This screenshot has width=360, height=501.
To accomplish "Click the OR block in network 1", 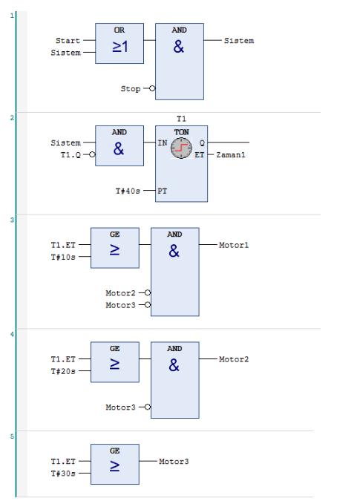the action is (120, 43).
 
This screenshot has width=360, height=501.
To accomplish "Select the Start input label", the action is (68, 41).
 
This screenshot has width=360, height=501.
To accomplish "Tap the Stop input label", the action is (131, 88).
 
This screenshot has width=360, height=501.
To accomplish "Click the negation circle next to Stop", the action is (152, 88).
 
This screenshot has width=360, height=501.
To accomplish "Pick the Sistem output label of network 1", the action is (239, 41).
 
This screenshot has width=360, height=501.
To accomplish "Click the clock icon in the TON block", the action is (181, 148).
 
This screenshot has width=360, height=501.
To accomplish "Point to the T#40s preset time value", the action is (128, 191).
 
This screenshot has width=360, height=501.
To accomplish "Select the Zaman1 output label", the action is (231, 154).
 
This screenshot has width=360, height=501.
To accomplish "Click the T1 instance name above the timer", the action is (181, 119).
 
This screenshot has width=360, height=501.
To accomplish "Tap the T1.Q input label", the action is (71, 154).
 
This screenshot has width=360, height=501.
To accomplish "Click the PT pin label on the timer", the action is (163, 191).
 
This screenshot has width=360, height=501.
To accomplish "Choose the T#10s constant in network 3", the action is (63, 257).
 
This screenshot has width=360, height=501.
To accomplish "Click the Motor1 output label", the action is (234, 245).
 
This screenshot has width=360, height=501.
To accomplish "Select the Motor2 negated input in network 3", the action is (120, 293).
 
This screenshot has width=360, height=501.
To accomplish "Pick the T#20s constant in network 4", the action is (63, 371).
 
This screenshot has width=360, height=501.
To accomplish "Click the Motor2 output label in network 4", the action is (234, 359).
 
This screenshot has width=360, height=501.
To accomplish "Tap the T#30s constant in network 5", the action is (63, 474).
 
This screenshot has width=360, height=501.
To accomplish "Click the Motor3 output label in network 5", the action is (174, 462).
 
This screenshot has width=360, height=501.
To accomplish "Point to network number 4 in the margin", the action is (12, 334).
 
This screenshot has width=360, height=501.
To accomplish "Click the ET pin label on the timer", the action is (200, 155).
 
